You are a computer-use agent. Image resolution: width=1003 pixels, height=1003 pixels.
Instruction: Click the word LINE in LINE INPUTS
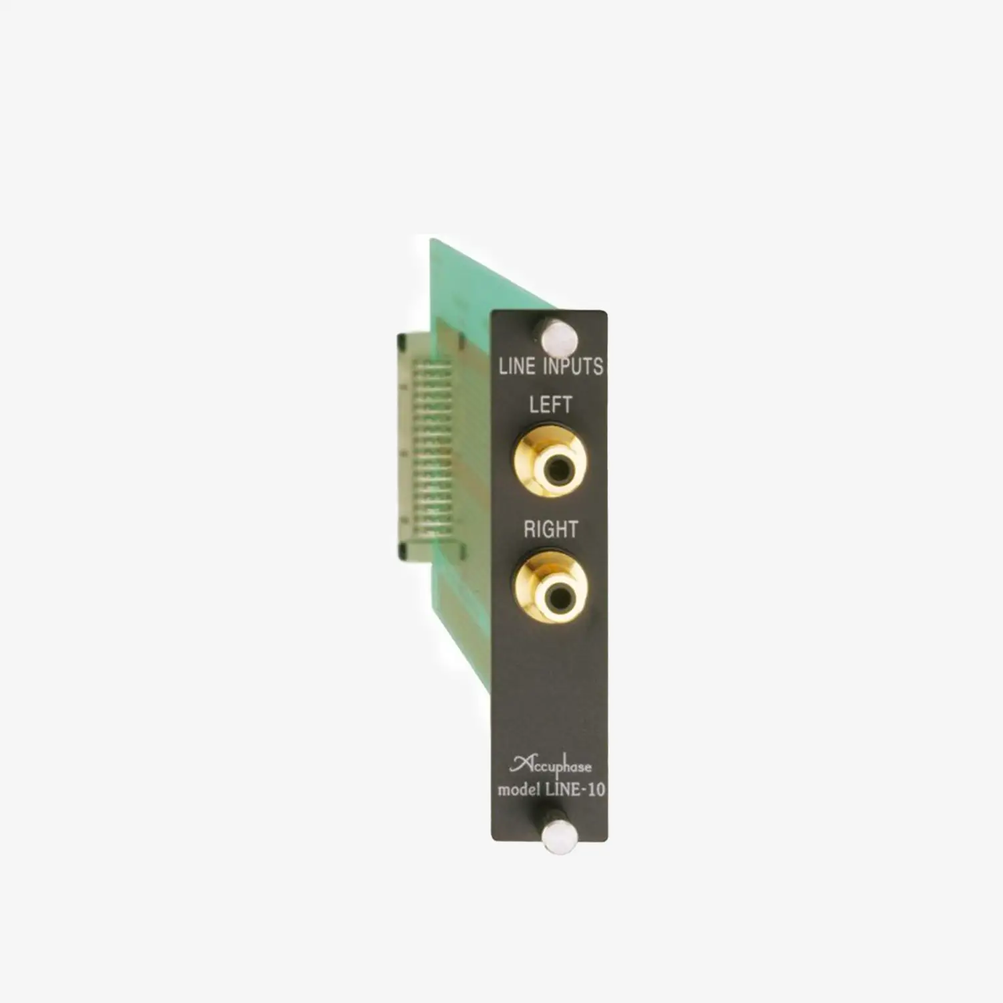pyautogui.click(x=517, y=366)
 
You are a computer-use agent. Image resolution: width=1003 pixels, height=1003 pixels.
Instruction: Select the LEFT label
pyautogui.click(x=550, y=405)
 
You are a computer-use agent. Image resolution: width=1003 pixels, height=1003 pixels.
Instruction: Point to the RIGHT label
pyautogui.click(x=550, y=530)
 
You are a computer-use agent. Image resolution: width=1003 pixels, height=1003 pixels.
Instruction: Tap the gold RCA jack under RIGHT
pyautogui.click(x=550, y=586)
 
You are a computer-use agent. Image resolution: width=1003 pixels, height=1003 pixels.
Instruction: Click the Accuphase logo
pyautogui.click(x=550, y=766)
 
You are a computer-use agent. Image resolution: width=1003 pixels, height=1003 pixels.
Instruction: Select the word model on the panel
pyautogui.click(x=519, y=790)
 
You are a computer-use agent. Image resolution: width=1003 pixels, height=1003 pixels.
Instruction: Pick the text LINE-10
pyautogui.click(x=575, y=790)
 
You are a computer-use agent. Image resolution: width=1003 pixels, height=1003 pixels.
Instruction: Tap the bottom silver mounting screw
pyautogui.click(x=559, y=837)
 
